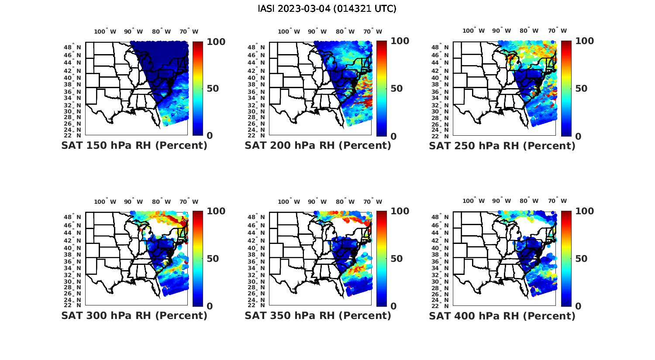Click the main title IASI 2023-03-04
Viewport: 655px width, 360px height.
(327, 9)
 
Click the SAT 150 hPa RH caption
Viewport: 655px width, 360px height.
(134, 146)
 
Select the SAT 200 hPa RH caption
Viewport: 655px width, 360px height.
(318, 146)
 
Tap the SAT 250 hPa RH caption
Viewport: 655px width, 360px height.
(502, 146)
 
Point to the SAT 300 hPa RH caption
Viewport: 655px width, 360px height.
(134, 315)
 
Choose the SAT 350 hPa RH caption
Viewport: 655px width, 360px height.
(318, 315)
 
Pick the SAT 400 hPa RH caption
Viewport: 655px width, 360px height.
(502, 315)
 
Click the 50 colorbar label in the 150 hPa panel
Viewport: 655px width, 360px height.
(213, 89)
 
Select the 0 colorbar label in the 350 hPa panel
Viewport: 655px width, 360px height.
(393, 306)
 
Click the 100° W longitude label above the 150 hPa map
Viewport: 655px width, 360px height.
(105, 31)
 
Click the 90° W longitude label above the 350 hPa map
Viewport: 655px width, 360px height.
(317, 202)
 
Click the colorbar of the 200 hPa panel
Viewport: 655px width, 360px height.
(382, 89)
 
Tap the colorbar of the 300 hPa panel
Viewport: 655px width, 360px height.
(198, 259)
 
